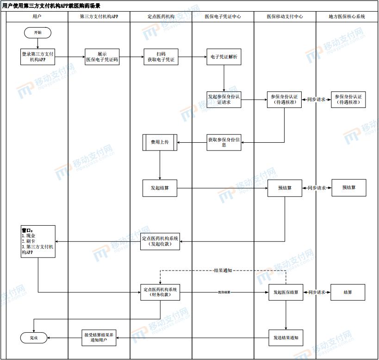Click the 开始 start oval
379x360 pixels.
point(37,33)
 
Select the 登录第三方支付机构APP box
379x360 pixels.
point(38,57)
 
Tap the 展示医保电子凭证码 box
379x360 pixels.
point(102,57)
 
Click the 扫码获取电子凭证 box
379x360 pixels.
point(161,57)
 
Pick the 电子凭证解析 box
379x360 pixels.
point(224,57)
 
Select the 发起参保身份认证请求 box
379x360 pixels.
point(224,100)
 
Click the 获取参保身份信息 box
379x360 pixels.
point(224,142)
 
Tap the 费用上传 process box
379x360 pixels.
point(160,142)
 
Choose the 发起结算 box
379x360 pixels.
point(160,188)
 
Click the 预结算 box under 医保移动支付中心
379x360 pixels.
point(285,188)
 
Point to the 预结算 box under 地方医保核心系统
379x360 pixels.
point(348,188)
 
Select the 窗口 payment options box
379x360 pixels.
point(38,241)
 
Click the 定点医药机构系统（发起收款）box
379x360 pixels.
point(160,241)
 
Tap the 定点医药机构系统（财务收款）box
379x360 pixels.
point(160,292)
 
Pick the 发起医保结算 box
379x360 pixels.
point(286,292)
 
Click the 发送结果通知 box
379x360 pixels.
point(286,338)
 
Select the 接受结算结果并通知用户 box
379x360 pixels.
point(98,338)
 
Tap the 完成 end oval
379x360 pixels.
point(34,338)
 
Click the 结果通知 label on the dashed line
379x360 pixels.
point(223,270)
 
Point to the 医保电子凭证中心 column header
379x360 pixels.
point(223,16)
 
